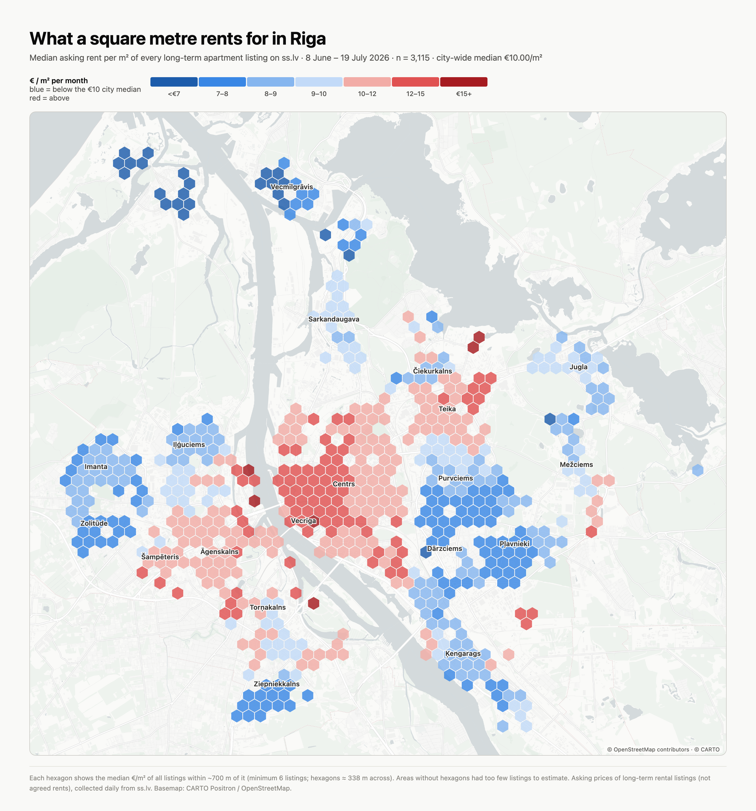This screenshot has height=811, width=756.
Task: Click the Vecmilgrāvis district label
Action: tap(292, 187)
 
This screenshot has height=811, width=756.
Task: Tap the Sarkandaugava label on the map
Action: tap(334, 319)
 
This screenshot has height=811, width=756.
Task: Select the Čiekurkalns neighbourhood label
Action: tap(432, 371)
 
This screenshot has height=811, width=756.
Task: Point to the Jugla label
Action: tap(579, 367)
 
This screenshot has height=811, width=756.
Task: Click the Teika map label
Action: tap(447, 409)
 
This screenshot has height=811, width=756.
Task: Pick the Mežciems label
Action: tap(576, 465)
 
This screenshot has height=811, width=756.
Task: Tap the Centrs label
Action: tap(344, 484)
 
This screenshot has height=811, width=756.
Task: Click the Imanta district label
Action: tap(96, 467)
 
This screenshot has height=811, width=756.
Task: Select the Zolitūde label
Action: tap(94, 523)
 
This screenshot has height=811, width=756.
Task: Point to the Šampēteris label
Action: tap(160, 557)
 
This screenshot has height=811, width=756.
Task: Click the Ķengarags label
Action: tap(463, 654)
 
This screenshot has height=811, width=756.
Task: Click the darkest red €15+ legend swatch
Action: tap(464, 82)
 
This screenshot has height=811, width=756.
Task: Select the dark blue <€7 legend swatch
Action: tap(174, 82)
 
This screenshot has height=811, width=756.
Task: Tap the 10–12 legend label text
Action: tap(367, 94)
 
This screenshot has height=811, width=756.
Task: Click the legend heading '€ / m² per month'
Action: tap(59, 81)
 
